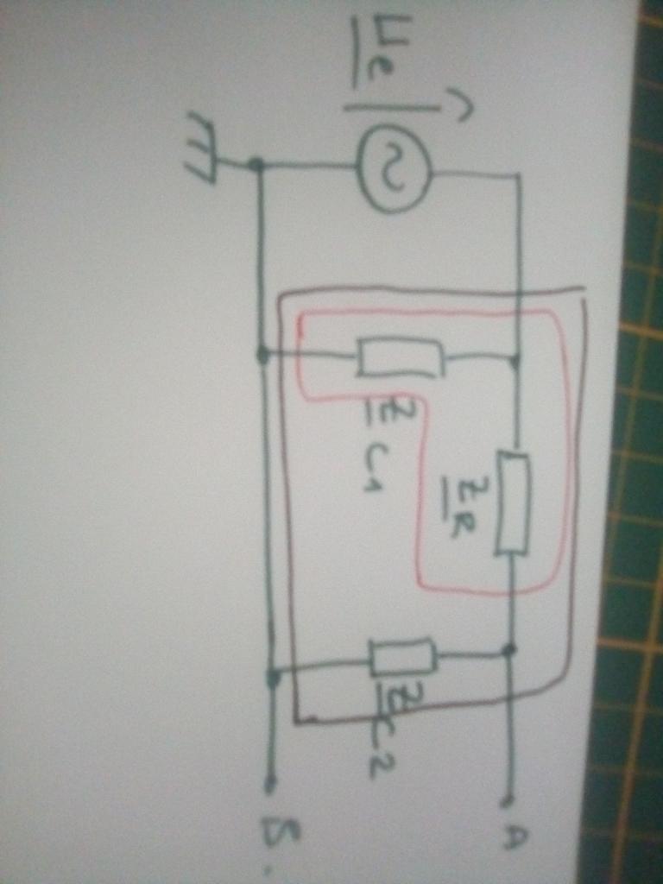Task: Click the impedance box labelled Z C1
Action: [401, 357]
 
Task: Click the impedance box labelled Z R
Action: [512, 502]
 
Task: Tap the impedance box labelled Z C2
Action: [402, 658]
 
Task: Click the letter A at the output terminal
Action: [511, 835]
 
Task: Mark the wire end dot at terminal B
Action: [270, 784]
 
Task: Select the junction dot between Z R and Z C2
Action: [509, 649]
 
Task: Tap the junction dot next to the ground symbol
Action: [256, 164]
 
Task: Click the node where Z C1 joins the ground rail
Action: [263, 354]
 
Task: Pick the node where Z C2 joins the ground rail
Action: [273, 678]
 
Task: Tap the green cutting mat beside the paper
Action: [635, 518]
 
